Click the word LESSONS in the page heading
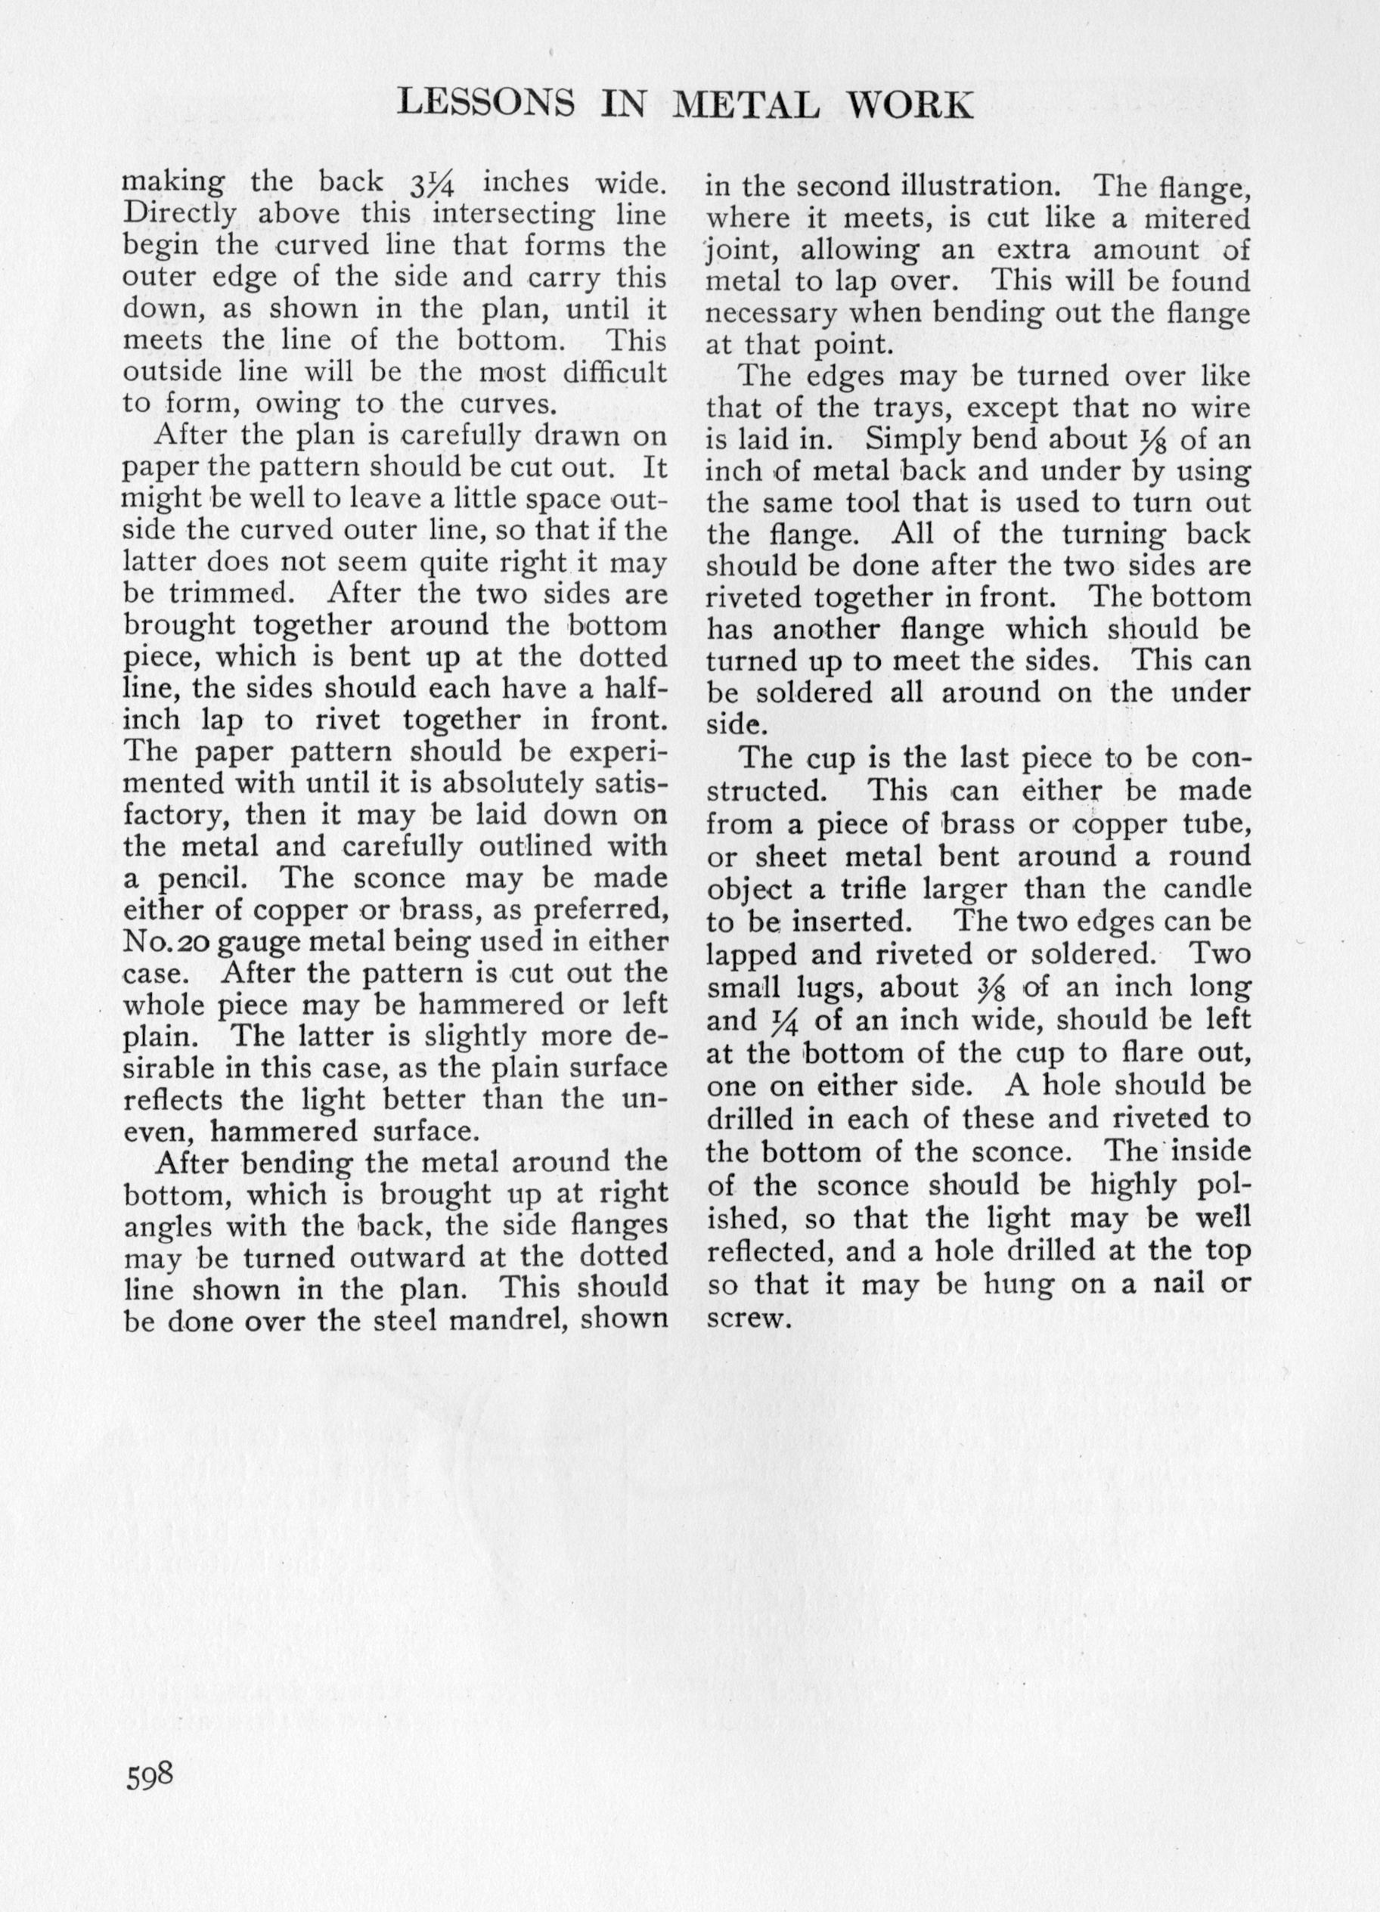[x=486, y=104]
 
